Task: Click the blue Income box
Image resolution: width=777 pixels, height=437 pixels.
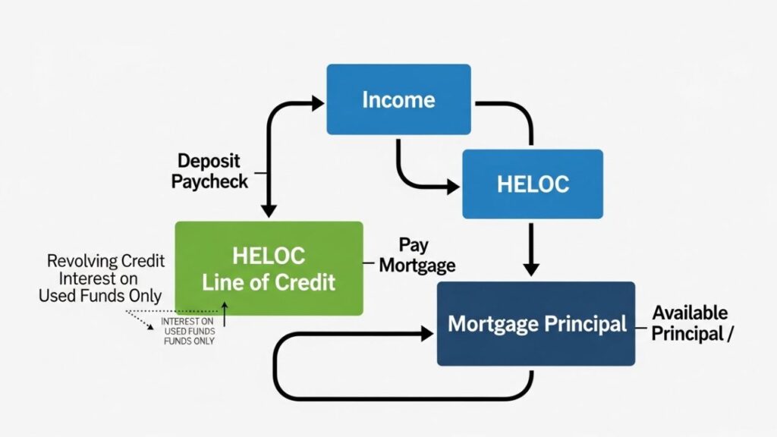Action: (398, 99)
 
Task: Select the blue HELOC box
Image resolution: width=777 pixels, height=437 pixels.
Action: (533, 184)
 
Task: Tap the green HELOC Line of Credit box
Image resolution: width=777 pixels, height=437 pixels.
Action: (269, 269)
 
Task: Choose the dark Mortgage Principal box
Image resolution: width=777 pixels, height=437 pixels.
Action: (536, 324)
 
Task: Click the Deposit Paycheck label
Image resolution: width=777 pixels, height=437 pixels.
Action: (209, 171)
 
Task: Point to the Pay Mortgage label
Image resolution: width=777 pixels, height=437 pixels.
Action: (417, 256)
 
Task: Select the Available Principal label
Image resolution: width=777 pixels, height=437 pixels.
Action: (690, 322)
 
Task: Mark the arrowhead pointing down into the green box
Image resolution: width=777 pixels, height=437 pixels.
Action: (267, 210)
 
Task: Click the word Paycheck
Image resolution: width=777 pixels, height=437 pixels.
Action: (209, 181)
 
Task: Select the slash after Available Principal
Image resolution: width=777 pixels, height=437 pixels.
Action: (730, 334)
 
